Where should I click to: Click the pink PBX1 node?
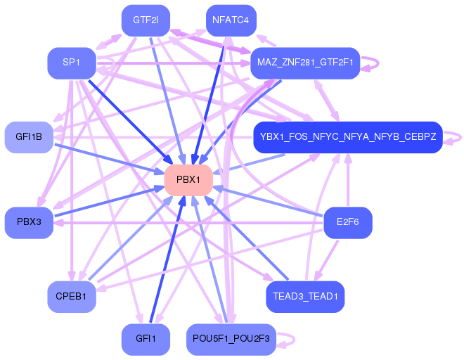[x=188, y=180]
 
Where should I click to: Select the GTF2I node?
[x=146, y=20]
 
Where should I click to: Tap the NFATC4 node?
[x=231, y=20]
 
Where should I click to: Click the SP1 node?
[x=71, y=63]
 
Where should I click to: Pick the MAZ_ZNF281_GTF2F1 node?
[x=304, y=63]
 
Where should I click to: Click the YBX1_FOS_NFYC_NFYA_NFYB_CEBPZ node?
[x=348, y=136]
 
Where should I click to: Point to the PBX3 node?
[x=29, y=222]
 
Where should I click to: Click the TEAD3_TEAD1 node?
[x=305, y=297]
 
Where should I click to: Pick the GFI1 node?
[x=146, y=339]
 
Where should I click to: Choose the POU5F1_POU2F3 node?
[x=231, y=339]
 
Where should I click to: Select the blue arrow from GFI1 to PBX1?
[x=167, y=259]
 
